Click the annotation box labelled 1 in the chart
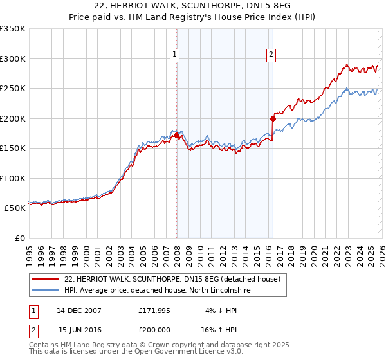tap(174, 55)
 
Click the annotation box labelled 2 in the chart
tap(271, 55)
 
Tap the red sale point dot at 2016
tap(273, 118)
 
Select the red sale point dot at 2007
tap(176, 135)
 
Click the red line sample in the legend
tap(45, 280)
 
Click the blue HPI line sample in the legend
tap(45, 291)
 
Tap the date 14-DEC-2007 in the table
tap(78, 310)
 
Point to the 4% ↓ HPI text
tap(221, 310)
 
